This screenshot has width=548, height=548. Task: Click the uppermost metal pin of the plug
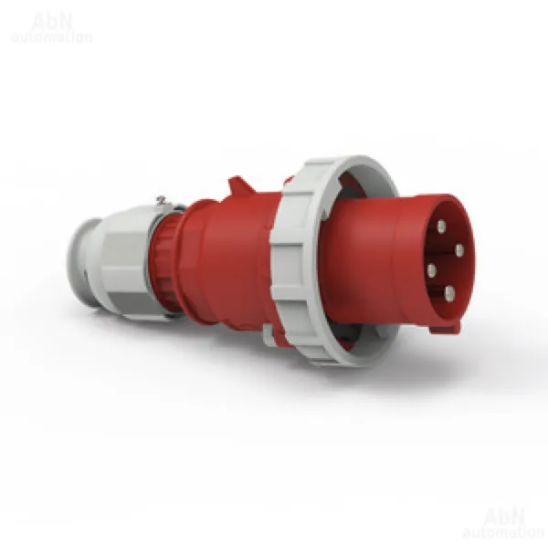[441, 227]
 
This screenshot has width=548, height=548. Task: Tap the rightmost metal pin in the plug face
[459, 250]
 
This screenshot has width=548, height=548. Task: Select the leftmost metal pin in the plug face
[432, 270]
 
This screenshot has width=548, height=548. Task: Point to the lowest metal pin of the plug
[449, 293]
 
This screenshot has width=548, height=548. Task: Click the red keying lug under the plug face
[445, 329]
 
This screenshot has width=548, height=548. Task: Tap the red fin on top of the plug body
[241, 186]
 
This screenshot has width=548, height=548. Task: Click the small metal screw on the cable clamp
[161, 199]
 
